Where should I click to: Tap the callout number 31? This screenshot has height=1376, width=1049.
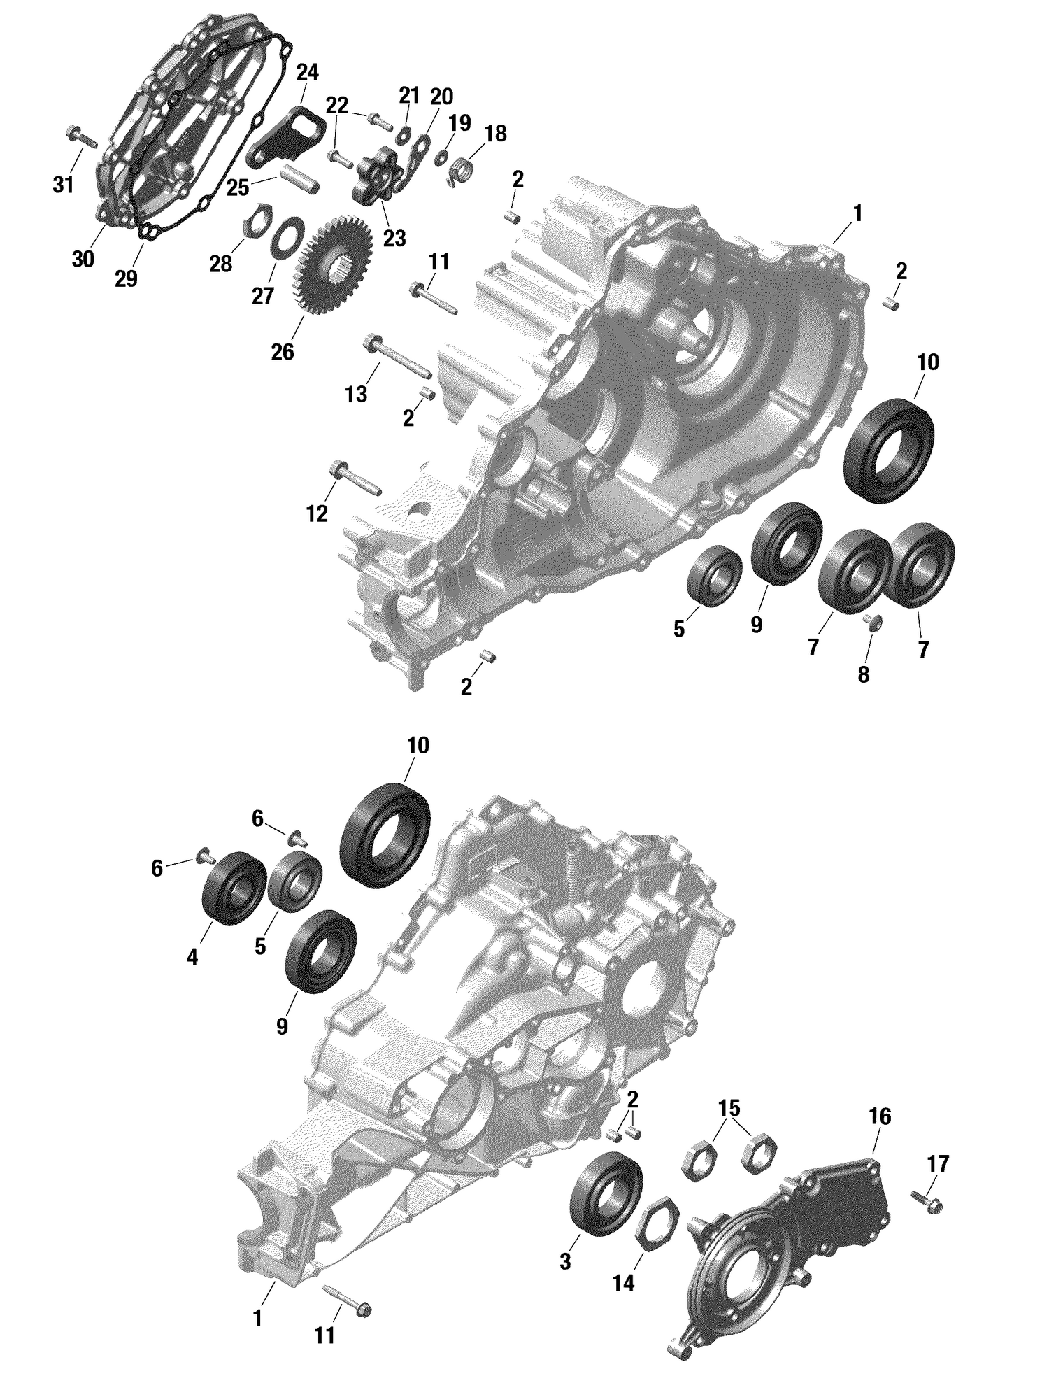(x=63, y=185)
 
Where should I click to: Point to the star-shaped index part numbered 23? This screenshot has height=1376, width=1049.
(x=378, y=174)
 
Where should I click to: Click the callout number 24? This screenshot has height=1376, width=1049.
(x=307, y=73)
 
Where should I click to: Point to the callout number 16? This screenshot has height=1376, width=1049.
(x=880, y=1116)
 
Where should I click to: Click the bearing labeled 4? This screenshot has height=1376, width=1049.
(x=234, y=888)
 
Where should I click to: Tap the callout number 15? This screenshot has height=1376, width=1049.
(x=728, y=1108)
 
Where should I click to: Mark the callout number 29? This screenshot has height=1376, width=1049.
(x=127, y=278)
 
